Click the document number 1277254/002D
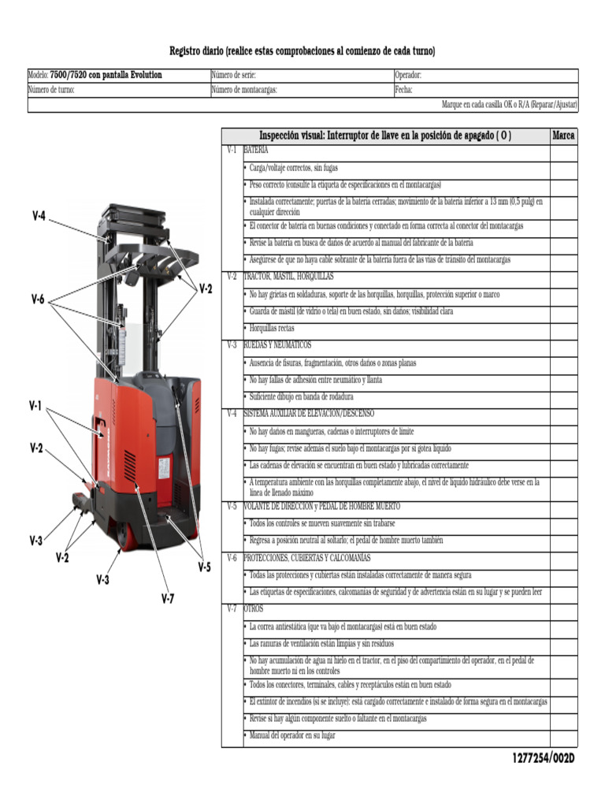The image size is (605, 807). coord(544,758)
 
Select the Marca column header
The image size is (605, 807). coord(563,136)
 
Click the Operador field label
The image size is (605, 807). coord(408,76)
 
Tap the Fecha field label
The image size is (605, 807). coord(404,91)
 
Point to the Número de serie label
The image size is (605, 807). coord(234,76)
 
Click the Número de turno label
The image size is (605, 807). coord(51,91)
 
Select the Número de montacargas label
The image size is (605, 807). coord(244,91)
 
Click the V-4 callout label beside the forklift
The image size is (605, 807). coord(39,216)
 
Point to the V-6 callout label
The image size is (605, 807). coord(39,299)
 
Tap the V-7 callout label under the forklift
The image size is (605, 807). coord(168,599)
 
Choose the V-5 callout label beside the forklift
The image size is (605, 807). coord(204,566)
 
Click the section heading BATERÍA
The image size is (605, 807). coord(255,150)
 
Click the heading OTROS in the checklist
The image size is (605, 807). coord(254,609)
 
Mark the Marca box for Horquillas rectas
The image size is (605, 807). coord(563,329)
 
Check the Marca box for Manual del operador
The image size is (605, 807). coord(563,736)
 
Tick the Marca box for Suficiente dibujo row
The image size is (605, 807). coord(563,397)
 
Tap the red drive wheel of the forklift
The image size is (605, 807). coord(123,535)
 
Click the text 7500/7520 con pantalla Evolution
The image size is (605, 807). coord(106,76)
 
